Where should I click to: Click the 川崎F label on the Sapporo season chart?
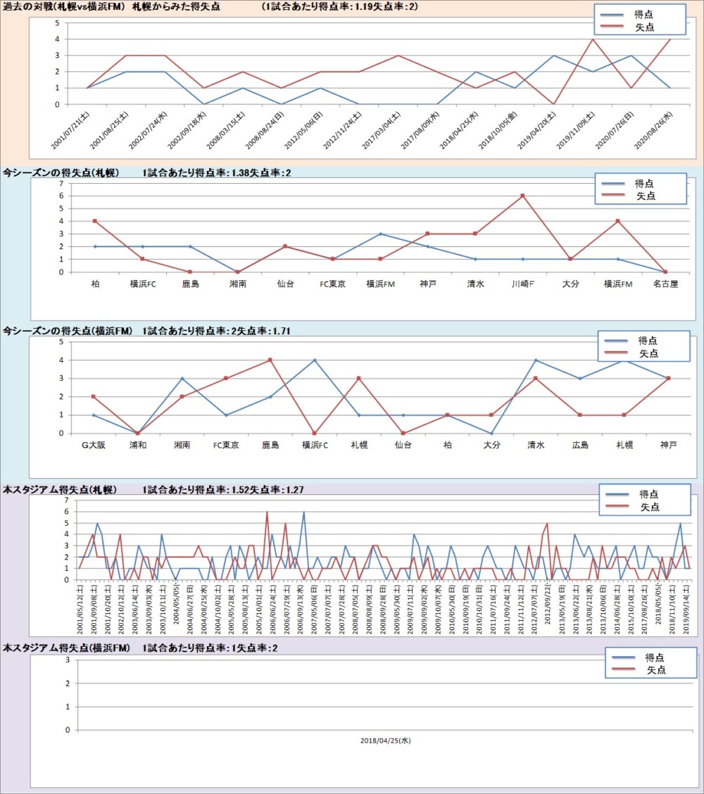click(522, 284)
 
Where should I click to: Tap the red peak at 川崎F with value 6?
click(522, 196)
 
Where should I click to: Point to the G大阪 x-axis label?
click(94, 446)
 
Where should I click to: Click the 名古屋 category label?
click(665, 284)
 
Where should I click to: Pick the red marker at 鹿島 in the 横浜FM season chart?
click(270, 360)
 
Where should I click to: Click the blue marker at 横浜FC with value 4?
click(315, 360)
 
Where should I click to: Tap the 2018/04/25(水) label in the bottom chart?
click(384, 741)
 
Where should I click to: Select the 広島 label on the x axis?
click(579, 446)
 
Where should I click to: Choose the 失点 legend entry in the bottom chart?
click(656, 671)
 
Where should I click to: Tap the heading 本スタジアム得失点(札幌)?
click(60, 489)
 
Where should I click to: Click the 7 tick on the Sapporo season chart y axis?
click(62, 183)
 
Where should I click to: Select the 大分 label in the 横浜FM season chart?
click(491, 446)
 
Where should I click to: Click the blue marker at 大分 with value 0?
click(491, 433)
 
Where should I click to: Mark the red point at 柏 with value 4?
click(94, 221)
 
